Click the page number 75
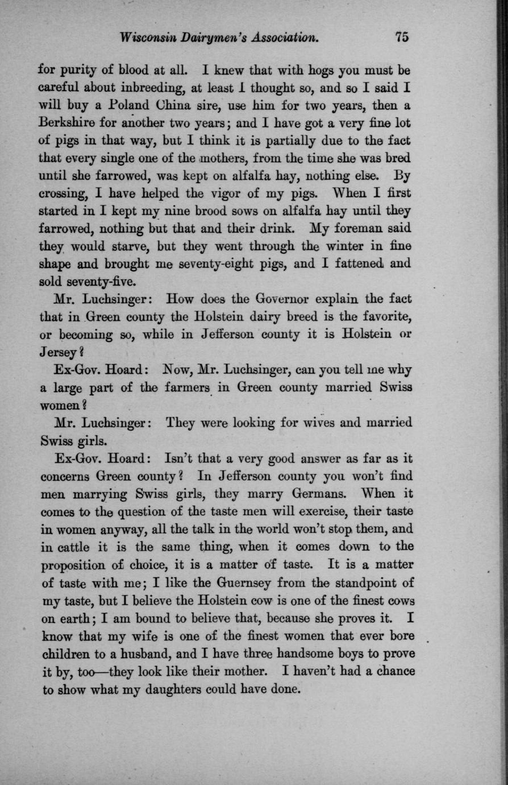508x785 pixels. pyautogui.click(x=402, y=38)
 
